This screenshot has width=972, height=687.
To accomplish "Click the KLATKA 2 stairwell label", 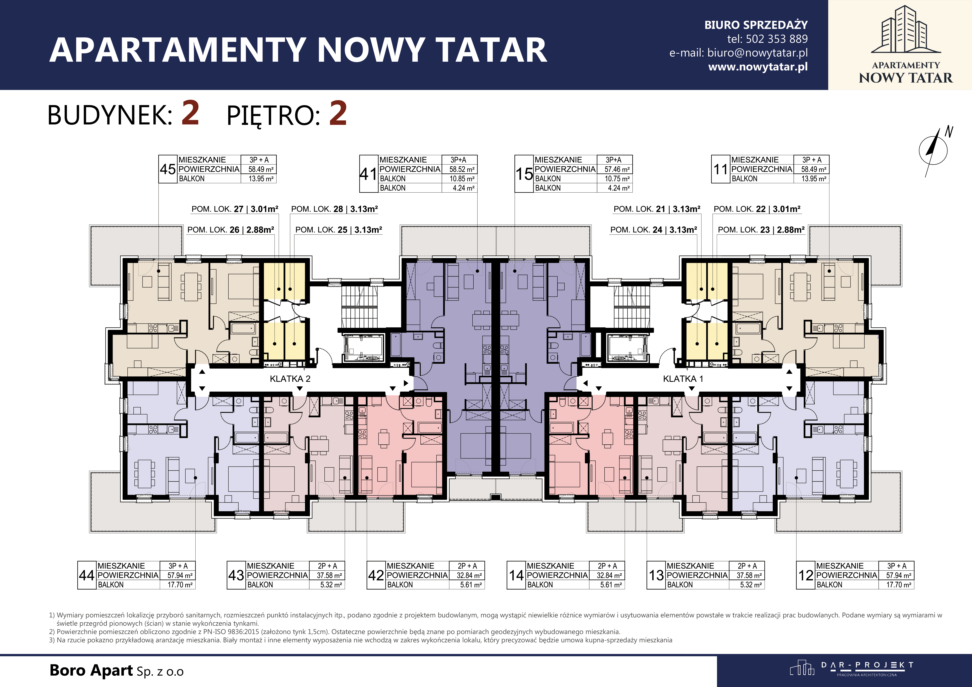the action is click(x=290, y=379).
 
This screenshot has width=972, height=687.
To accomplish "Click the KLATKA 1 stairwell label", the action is click(x=683, y=379).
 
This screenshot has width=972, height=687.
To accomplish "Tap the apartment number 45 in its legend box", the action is click(x=168, y=169).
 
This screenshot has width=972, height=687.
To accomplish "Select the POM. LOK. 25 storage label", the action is click(x=339, y=230).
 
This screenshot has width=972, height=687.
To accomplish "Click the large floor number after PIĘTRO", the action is click(x=338, y=113).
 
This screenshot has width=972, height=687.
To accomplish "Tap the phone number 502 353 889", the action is click(x=776, y=39).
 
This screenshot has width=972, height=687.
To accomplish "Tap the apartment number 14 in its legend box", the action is click(x=516, y=575).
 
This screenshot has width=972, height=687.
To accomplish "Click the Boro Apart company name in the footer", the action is click(x=116, y=671).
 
